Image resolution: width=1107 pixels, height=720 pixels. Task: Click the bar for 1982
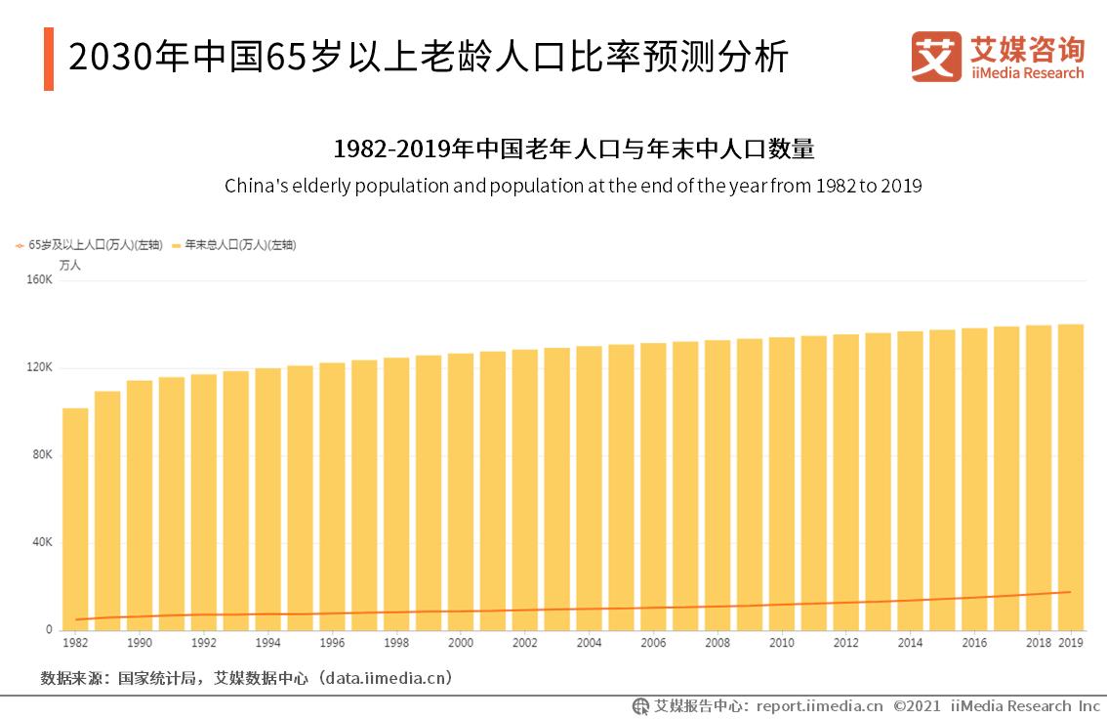pos(75,519)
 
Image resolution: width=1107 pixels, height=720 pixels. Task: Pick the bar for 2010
pos(782,484)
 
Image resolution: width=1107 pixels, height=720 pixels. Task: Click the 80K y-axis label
pos(42,455)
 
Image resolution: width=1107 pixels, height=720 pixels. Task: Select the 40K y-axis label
pos(42,543)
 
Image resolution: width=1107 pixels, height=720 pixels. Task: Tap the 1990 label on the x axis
pos(140,643)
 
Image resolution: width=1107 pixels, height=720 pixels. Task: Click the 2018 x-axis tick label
pos(1039,643)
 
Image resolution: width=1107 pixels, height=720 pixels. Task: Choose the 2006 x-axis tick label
pos(653,643)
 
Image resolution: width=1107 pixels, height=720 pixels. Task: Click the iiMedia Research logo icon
pos(936,57)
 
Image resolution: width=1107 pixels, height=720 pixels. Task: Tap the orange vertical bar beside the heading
pos(49,59)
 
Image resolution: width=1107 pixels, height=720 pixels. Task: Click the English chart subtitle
pos(573,186)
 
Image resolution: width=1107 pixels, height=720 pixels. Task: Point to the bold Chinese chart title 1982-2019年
pos(573,149)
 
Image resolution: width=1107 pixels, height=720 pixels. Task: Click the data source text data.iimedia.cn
pos(386,677)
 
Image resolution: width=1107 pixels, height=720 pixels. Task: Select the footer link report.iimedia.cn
pos(819,705)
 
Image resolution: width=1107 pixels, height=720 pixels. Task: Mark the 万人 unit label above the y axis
pos(70,265)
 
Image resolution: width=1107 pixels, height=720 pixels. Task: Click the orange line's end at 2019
pos(1071,592)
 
